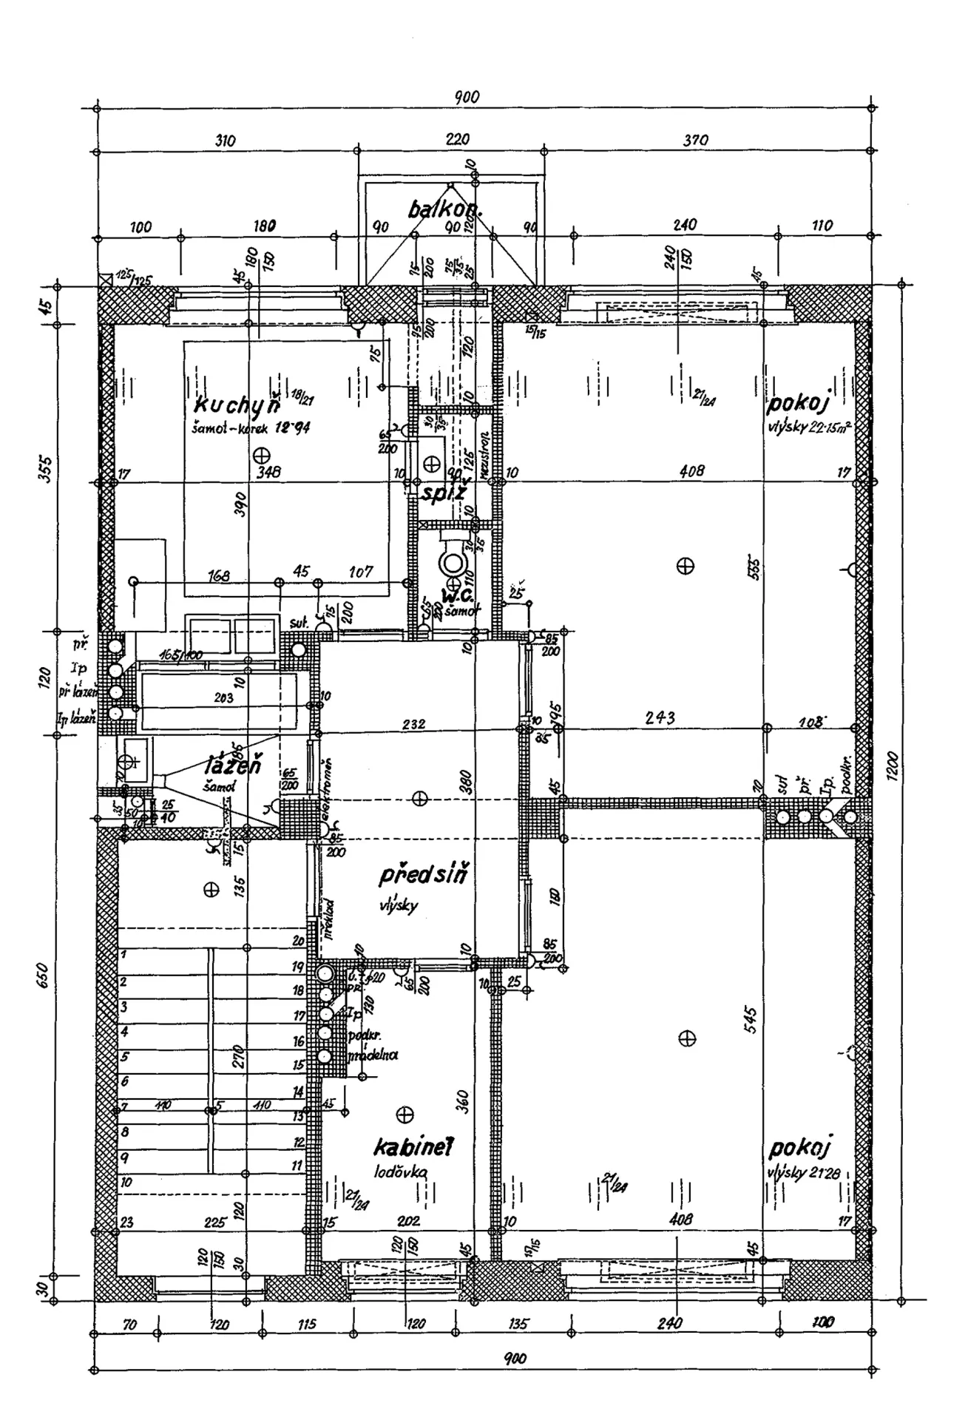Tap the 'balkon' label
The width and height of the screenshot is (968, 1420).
tap(444, 210)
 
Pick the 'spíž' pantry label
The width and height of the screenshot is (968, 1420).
tap(443, 492)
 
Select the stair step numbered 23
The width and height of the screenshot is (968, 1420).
tap(126, 1223)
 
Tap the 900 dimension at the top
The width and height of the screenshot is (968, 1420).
tap(467, 97)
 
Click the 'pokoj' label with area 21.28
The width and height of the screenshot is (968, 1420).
tap(801, 1149)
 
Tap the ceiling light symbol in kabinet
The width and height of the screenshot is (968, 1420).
tap(405, 1115)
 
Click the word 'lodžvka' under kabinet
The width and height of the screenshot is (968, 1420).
tap(401, 1171)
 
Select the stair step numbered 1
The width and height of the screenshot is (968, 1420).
tap(123, 955)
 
